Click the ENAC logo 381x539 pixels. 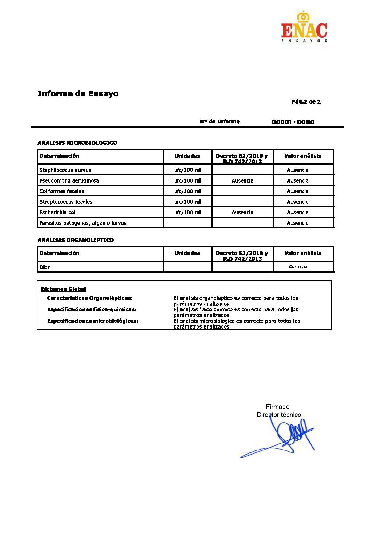point(304,28)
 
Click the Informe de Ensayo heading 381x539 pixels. point(78,94)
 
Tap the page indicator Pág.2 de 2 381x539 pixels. point(306,102)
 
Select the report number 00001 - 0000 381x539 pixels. point(293,122)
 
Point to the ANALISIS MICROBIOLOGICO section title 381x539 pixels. point(77,143)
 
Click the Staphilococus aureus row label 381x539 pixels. point(65,170)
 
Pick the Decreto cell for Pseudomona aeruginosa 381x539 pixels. point(242,181)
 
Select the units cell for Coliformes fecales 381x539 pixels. point(187,191)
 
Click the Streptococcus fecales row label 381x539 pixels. point(66,202)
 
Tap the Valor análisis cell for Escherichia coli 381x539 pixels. point(298,212)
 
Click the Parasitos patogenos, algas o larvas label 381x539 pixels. point(83,223)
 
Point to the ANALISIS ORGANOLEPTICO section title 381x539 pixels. point(76,240)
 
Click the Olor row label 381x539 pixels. point(45,267)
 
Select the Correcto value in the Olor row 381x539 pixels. point(298,267)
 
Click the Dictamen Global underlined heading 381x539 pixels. point(64,289)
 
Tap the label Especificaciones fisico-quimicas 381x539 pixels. point(92,309)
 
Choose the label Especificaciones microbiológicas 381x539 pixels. point(93,321)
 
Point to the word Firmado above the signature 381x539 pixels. point(278,407)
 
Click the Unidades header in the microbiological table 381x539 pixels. point(187,156)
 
